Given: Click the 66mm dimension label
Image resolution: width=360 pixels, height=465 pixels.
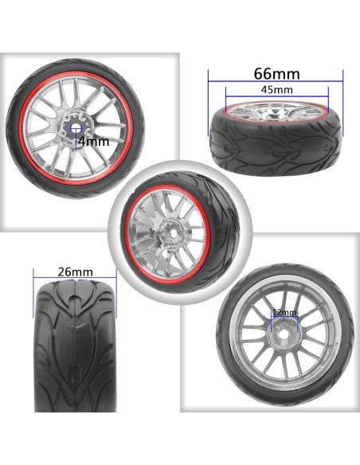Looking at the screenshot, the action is pyautogui.click(x=276, y=74).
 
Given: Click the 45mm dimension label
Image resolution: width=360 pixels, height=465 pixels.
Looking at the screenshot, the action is pyautogui.click(x=276, y=89).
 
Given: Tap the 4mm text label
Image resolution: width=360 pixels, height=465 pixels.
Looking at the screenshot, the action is pyautogui.click(x=94, y=142).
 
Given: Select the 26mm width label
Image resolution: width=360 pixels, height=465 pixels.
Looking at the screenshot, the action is pyautogui.click(x=75, y=272).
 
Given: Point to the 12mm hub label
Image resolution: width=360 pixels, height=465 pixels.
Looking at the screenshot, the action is pyautogui.click(x=284, y=312).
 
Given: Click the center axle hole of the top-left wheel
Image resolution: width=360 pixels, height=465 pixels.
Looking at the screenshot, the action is pyautogui.click(x=76, y=128).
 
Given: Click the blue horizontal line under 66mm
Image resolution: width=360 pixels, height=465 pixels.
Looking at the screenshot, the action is pyautogui.click(x=276, y=81).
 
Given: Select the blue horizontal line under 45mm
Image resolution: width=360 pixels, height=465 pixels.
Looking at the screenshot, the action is pyautogui.click(x=277, y=96).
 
